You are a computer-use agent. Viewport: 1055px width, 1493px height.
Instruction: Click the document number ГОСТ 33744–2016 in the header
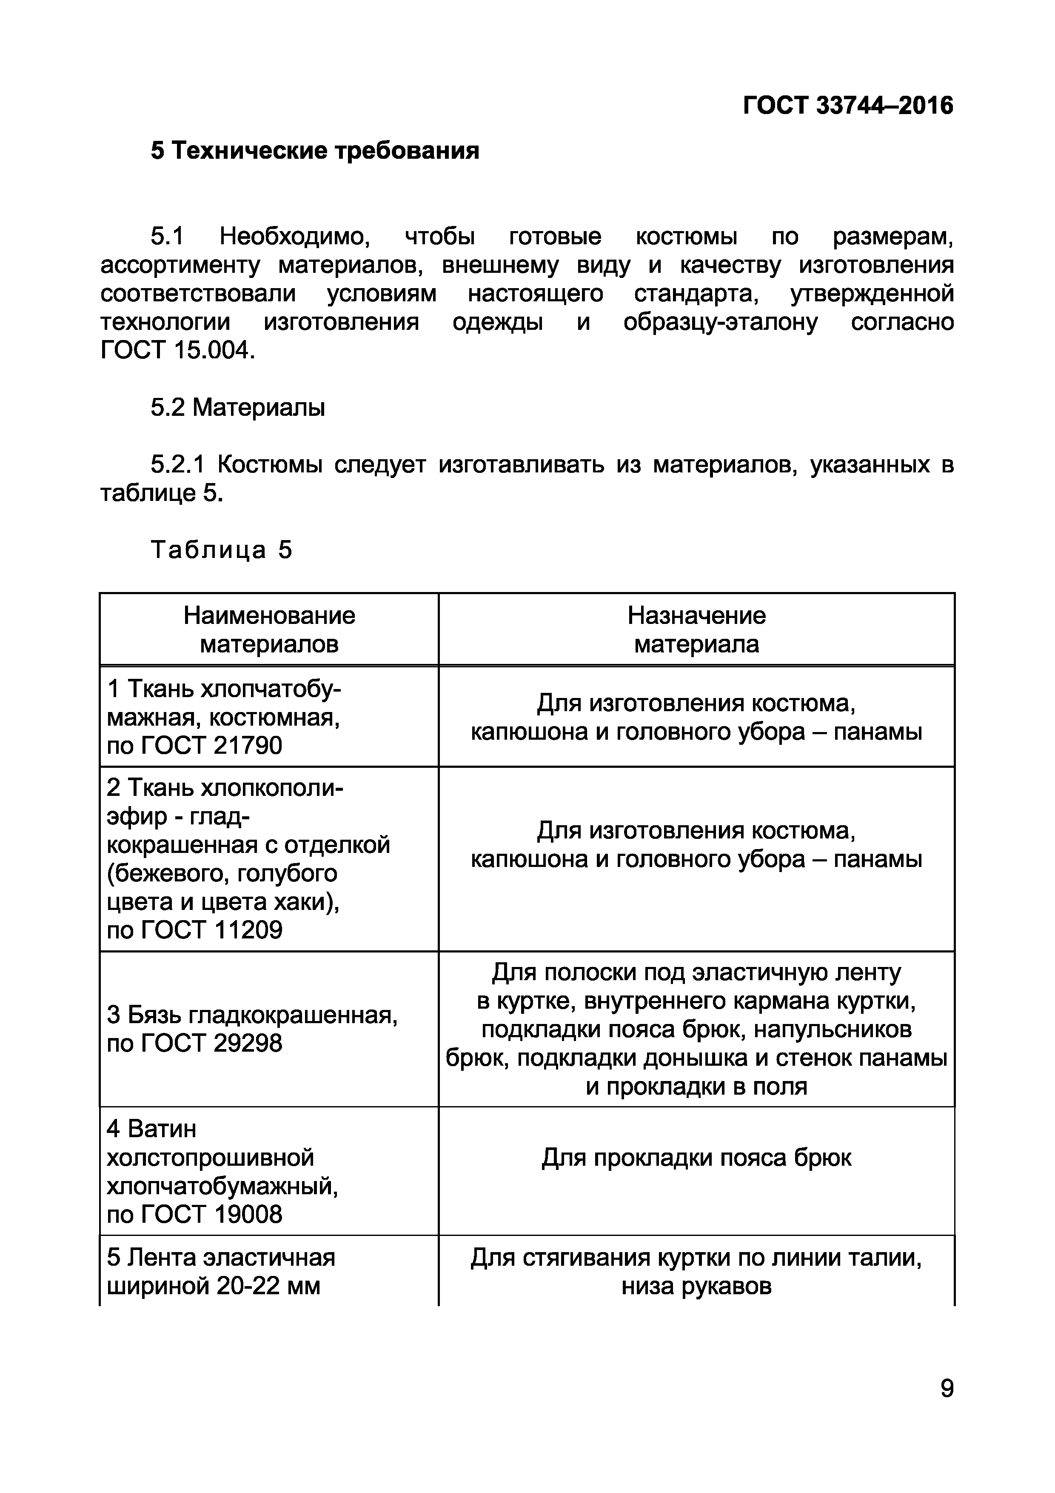click(848, 106)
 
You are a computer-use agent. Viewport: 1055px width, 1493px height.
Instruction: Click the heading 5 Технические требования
click(315, 151)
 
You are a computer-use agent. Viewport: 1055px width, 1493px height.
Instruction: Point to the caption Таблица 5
click(222, 550)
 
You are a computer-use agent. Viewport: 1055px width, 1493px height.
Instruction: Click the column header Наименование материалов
click(269, 629)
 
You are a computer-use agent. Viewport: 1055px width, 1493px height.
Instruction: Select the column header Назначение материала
click(696, 629)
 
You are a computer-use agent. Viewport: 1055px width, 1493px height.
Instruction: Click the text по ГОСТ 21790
click(194, 745)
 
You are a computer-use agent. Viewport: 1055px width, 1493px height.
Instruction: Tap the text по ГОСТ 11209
click(194, 930)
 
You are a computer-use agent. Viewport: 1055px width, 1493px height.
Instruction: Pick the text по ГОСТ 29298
click(194, 1044)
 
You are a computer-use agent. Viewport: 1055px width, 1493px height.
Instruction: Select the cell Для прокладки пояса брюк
click(696, 1158)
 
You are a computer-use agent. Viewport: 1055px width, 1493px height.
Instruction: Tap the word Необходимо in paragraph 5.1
click(294, 237)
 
